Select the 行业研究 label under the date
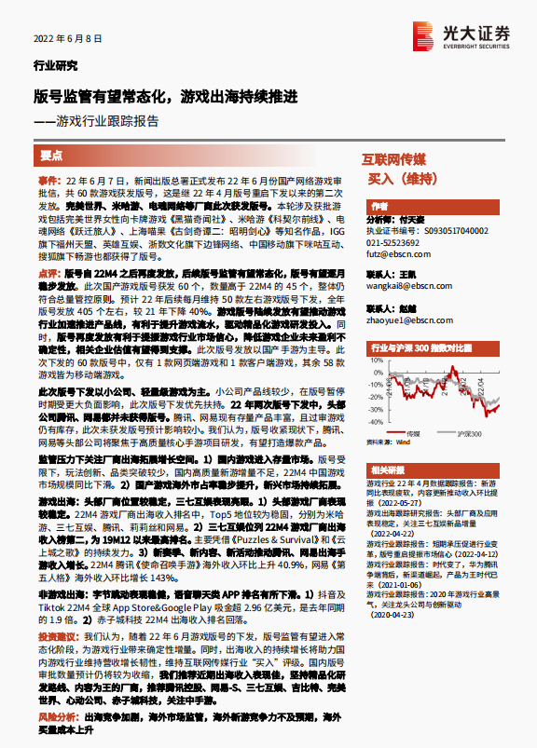[55, 66]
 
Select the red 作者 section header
[379, 206]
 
